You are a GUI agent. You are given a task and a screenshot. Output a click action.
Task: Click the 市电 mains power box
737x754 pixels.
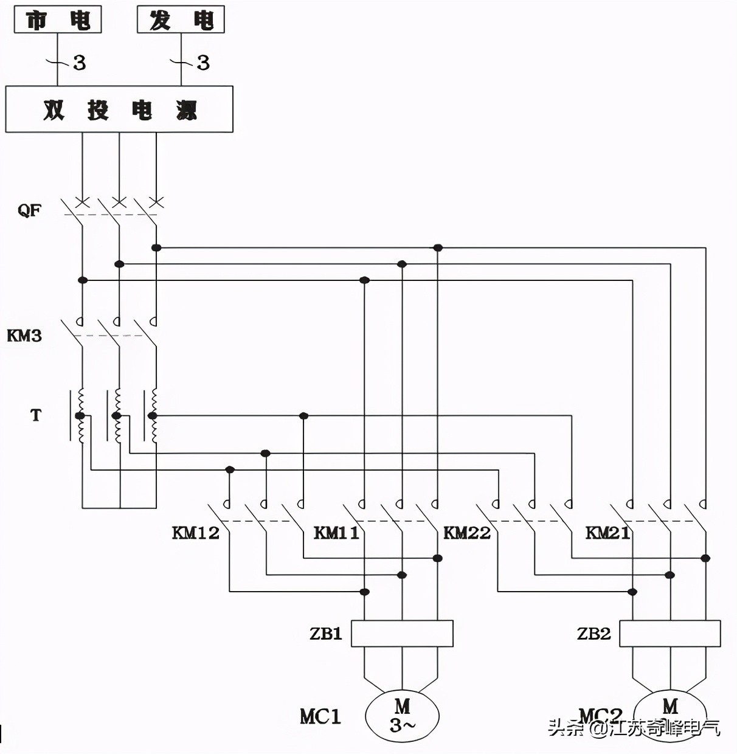point(58,20)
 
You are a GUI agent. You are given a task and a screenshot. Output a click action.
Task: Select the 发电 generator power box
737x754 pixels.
point(181,20)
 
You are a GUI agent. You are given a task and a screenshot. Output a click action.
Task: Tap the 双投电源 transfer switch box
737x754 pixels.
point(119,109)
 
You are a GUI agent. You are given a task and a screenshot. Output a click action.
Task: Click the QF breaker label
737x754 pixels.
point(29,210)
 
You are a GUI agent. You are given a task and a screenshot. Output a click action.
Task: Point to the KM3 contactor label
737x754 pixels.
point(24,336)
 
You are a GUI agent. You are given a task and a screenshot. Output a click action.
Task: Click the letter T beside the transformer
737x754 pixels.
point(36,415)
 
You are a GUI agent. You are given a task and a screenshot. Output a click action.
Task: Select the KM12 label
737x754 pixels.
point(195,533)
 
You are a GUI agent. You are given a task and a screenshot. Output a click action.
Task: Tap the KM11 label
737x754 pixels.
point(336,533)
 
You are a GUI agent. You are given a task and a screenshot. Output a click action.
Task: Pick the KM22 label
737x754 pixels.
point(466,533)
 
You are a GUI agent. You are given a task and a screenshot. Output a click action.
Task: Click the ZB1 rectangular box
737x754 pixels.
point(402,634)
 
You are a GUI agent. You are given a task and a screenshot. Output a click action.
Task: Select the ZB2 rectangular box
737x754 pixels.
point(670,634)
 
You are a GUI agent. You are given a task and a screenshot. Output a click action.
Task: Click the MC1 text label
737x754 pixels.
point(320,716)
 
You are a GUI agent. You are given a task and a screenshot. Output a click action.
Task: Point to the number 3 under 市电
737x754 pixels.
point(80,63)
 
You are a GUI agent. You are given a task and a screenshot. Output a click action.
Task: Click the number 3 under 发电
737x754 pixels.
point(203,63)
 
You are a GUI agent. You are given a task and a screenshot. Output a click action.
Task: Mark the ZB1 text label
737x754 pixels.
point(326,634)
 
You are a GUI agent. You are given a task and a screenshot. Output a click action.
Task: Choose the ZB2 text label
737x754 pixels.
point(593,634)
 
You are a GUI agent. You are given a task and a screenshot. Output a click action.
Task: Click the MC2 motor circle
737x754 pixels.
point(670,708)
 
